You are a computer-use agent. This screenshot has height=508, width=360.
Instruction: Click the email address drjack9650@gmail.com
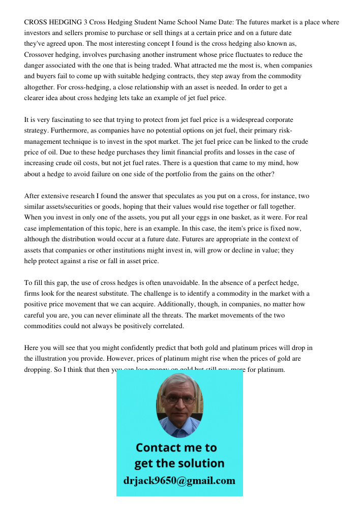tap(179, 481)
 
